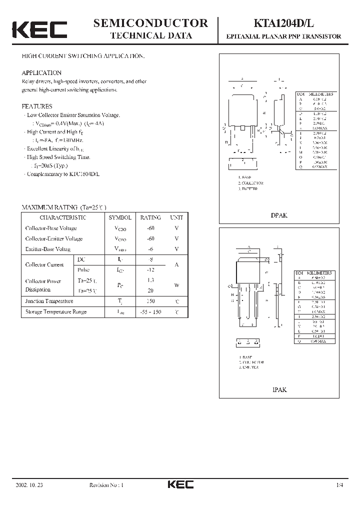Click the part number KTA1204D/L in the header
pos(283,23)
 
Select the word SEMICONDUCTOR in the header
pos(151,22)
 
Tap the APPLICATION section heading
pos(41,72)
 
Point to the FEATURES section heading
pos(37,106)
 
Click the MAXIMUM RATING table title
pos(64,207)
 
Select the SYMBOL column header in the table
pos(120,217)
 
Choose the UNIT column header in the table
pos(176,217)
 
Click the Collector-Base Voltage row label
pos(51,228)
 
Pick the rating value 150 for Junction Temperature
pos(150,301)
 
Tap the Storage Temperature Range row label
pos(55,311)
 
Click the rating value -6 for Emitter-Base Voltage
pos(150,249)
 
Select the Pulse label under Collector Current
pos(83,269)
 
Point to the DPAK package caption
pos(279,215)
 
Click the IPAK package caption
pos(279,389)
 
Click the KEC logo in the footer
pos(179,484)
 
